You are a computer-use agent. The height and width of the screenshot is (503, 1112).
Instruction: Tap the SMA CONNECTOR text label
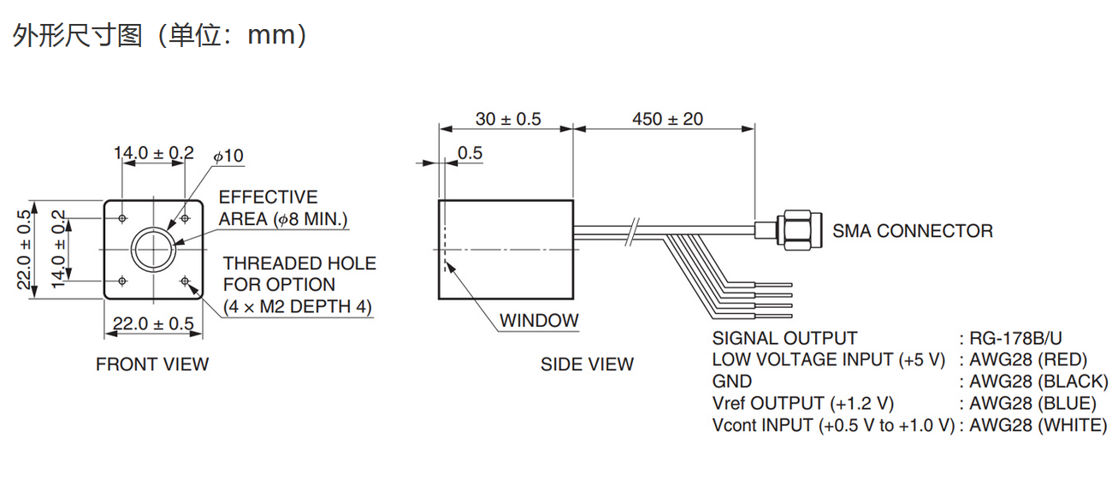pos(913,231)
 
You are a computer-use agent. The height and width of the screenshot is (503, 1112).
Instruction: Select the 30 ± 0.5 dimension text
pos(508,119)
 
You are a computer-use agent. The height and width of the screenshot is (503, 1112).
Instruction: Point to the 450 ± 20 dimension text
pos(667,119)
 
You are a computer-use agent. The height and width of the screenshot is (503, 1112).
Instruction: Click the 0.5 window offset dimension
pos(470,153)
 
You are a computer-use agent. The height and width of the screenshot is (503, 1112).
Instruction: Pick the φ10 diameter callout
pos(228,156)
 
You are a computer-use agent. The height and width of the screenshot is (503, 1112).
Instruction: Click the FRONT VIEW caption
pos(152,364)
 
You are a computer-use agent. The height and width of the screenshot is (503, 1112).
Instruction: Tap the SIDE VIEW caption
pos(587,364)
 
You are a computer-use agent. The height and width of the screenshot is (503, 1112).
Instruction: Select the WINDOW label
pos(539,321)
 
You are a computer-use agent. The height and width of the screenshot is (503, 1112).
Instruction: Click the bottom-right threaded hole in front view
pos(185,280)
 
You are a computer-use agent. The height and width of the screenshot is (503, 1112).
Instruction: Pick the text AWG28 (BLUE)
pos(1032,403)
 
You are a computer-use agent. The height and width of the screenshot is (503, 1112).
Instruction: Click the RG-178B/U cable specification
pos(1020,338)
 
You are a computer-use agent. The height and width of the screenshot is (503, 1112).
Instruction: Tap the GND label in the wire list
pos(731,382)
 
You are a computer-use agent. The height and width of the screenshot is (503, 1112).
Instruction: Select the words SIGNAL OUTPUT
pos(784,338)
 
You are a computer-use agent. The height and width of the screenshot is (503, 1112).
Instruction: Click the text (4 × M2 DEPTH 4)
pos(298,306)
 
